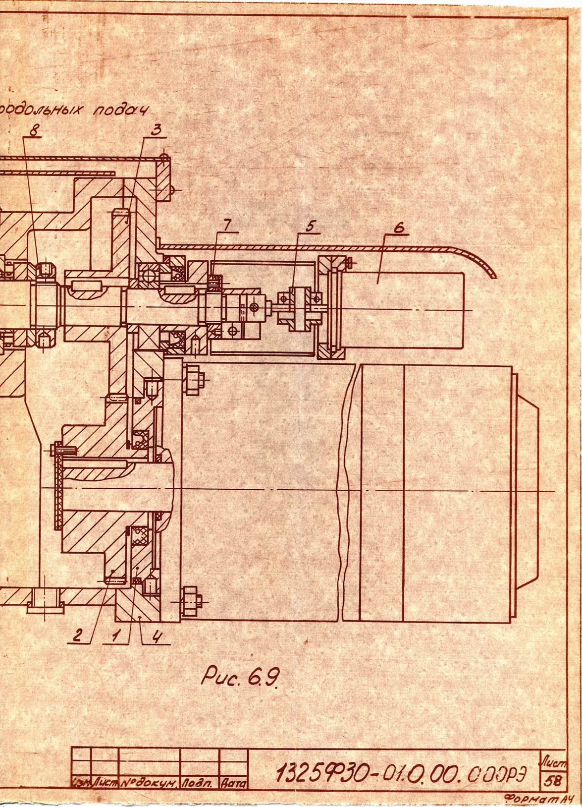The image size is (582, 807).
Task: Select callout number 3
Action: coord(156,130)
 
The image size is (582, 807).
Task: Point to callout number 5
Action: coord(310,226)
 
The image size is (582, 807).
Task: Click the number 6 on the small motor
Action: coord(399,227)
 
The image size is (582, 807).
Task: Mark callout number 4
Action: coord(156,636)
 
